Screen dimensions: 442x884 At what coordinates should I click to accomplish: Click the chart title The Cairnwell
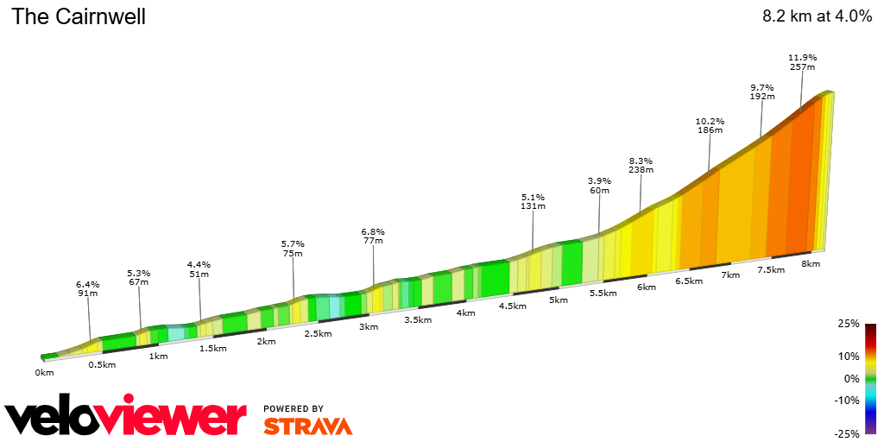79,16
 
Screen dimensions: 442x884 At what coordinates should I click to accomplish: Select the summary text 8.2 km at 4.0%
817,16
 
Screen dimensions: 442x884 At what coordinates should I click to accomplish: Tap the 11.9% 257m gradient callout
802,61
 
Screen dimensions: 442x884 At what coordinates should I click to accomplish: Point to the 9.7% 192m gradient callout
761,92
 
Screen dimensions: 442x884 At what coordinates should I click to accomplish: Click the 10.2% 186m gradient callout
710,125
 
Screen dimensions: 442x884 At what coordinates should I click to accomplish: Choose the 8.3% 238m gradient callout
641,165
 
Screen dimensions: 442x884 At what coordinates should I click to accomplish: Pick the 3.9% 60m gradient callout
599,186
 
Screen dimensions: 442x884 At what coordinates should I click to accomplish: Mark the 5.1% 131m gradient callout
534,201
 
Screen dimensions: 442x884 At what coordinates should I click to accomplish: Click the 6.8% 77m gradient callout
373,237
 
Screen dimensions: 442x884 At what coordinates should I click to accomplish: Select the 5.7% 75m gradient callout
293,249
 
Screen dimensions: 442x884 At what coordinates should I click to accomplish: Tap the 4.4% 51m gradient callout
199,269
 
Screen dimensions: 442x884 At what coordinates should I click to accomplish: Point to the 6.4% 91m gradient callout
88,288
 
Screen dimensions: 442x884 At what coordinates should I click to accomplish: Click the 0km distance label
45,372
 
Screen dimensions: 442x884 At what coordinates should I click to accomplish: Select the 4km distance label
466,313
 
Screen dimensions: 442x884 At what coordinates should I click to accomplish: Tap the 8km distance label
810,263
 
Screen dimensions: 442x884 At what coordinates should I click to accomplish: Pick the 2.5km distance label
319,333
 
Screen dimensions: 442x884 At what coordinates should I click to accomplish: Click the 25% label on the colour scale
849,324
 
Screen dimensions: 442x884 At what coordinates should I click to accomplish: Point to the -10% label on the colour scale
848,400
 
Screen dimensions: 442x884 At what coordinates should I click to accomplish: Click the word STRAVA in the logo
307,426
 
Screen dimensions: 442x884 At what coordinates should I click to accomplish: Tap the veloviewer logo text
125,418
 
